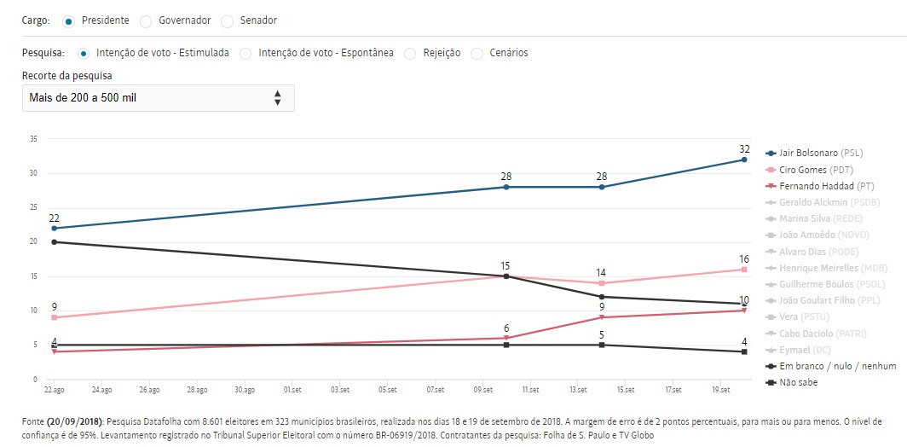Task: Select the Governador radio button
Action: point(146,20)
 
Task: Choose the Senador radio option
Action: point(228,20)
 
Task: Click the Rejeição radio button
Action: point(410,53)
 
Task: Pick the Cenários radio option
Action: point(477,53)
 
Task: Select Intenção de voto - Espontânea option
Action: point(246,53)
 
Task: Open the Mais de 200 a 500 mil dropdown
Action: point(159,98)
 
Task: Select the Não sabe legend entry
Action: point(798,382)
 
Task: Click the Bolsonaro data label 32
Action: point(744,149)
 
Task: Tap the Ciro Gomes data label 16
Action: point(744,258)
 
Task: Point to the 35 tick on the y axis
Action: point(33,139)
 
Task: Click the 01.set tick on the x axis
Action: point(292,390)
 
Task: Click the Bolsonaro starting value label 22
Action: point(54,218)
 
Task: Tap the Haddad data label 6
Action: point(506,328)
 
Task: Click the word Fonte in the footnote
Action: point(36,421)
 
